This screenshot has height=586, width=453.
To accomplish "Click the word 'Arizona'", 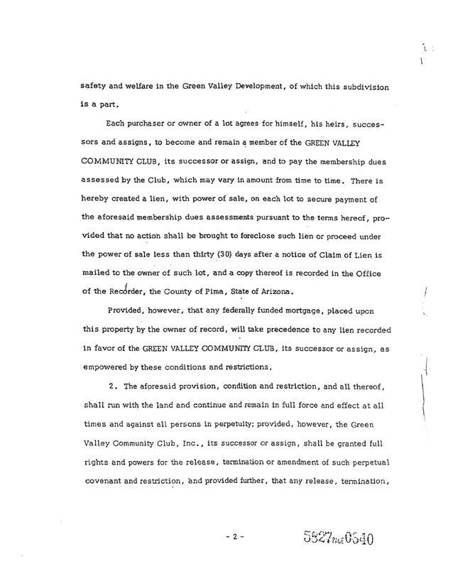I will [292, 291].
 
